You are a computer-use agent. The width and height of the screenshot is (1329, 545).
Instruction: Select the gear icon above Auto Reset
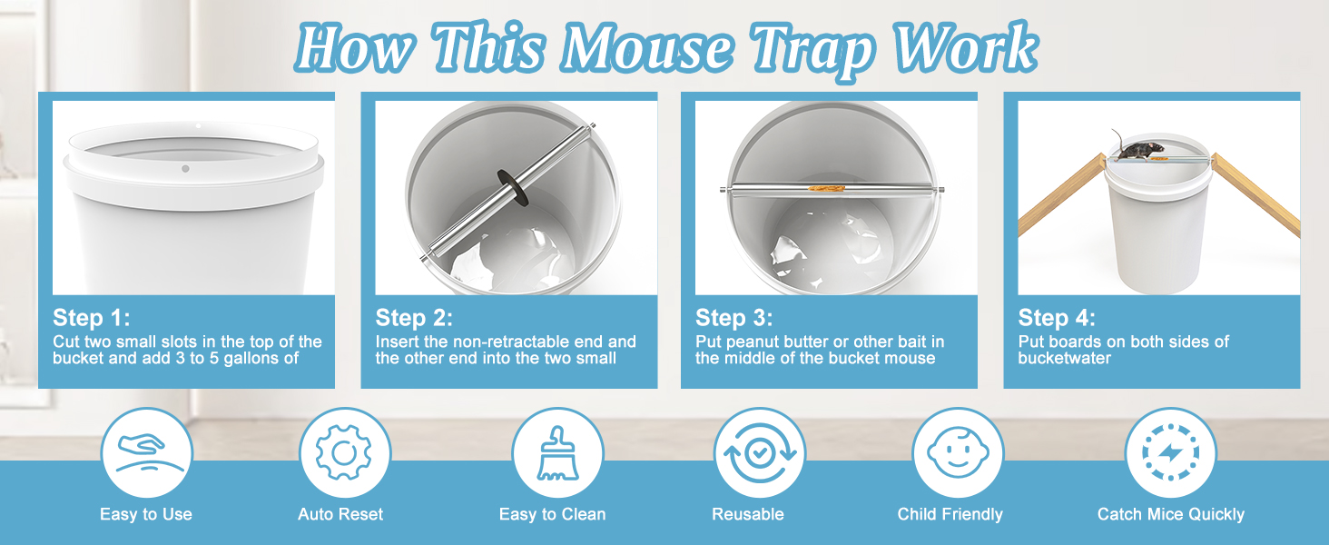point(344,453)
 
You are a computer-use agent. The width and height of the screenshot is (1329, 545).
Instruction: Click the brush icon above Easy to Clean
point(557,453)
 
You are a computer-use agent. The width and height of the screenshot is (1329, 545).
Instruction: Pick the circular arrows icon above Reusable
point(760,453)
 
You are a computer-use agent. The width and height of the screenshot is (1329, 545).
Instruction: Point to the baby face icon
point(958,453)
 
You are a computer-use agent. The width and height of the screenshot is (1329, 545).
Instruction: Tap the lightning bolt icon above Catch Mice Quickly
point(1170,453)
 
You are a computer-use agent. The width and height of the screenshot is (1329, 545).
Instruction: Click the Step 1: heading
point(92,318)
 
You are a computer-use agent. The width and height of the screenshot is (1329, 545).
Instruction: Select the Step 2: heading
point(414,318)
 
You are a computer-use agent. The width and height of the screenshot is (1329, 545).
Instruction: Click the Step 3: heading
point(733,318)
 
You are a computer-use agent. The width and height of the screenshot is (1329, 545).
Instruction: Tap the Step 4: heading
point(1057,318)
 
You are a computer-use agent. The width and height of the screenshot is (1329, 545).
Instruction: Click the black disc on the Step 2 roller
point(513,188)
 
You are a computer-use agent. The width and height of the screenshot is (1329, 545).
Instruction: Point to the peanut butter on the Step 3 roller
point(826,188)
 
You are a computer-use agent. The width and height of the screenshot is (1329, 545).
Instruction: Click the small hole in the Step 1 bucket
point(185,169)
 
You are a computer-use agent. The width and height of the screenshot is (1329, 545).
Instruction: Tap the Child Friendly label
point(950,514)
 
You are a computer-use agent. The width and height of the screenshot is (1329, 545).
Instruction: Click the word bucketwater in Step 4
point(1065,358)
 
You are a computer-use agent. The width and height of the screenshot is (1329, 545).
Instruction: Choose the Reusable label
point(748,514)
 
